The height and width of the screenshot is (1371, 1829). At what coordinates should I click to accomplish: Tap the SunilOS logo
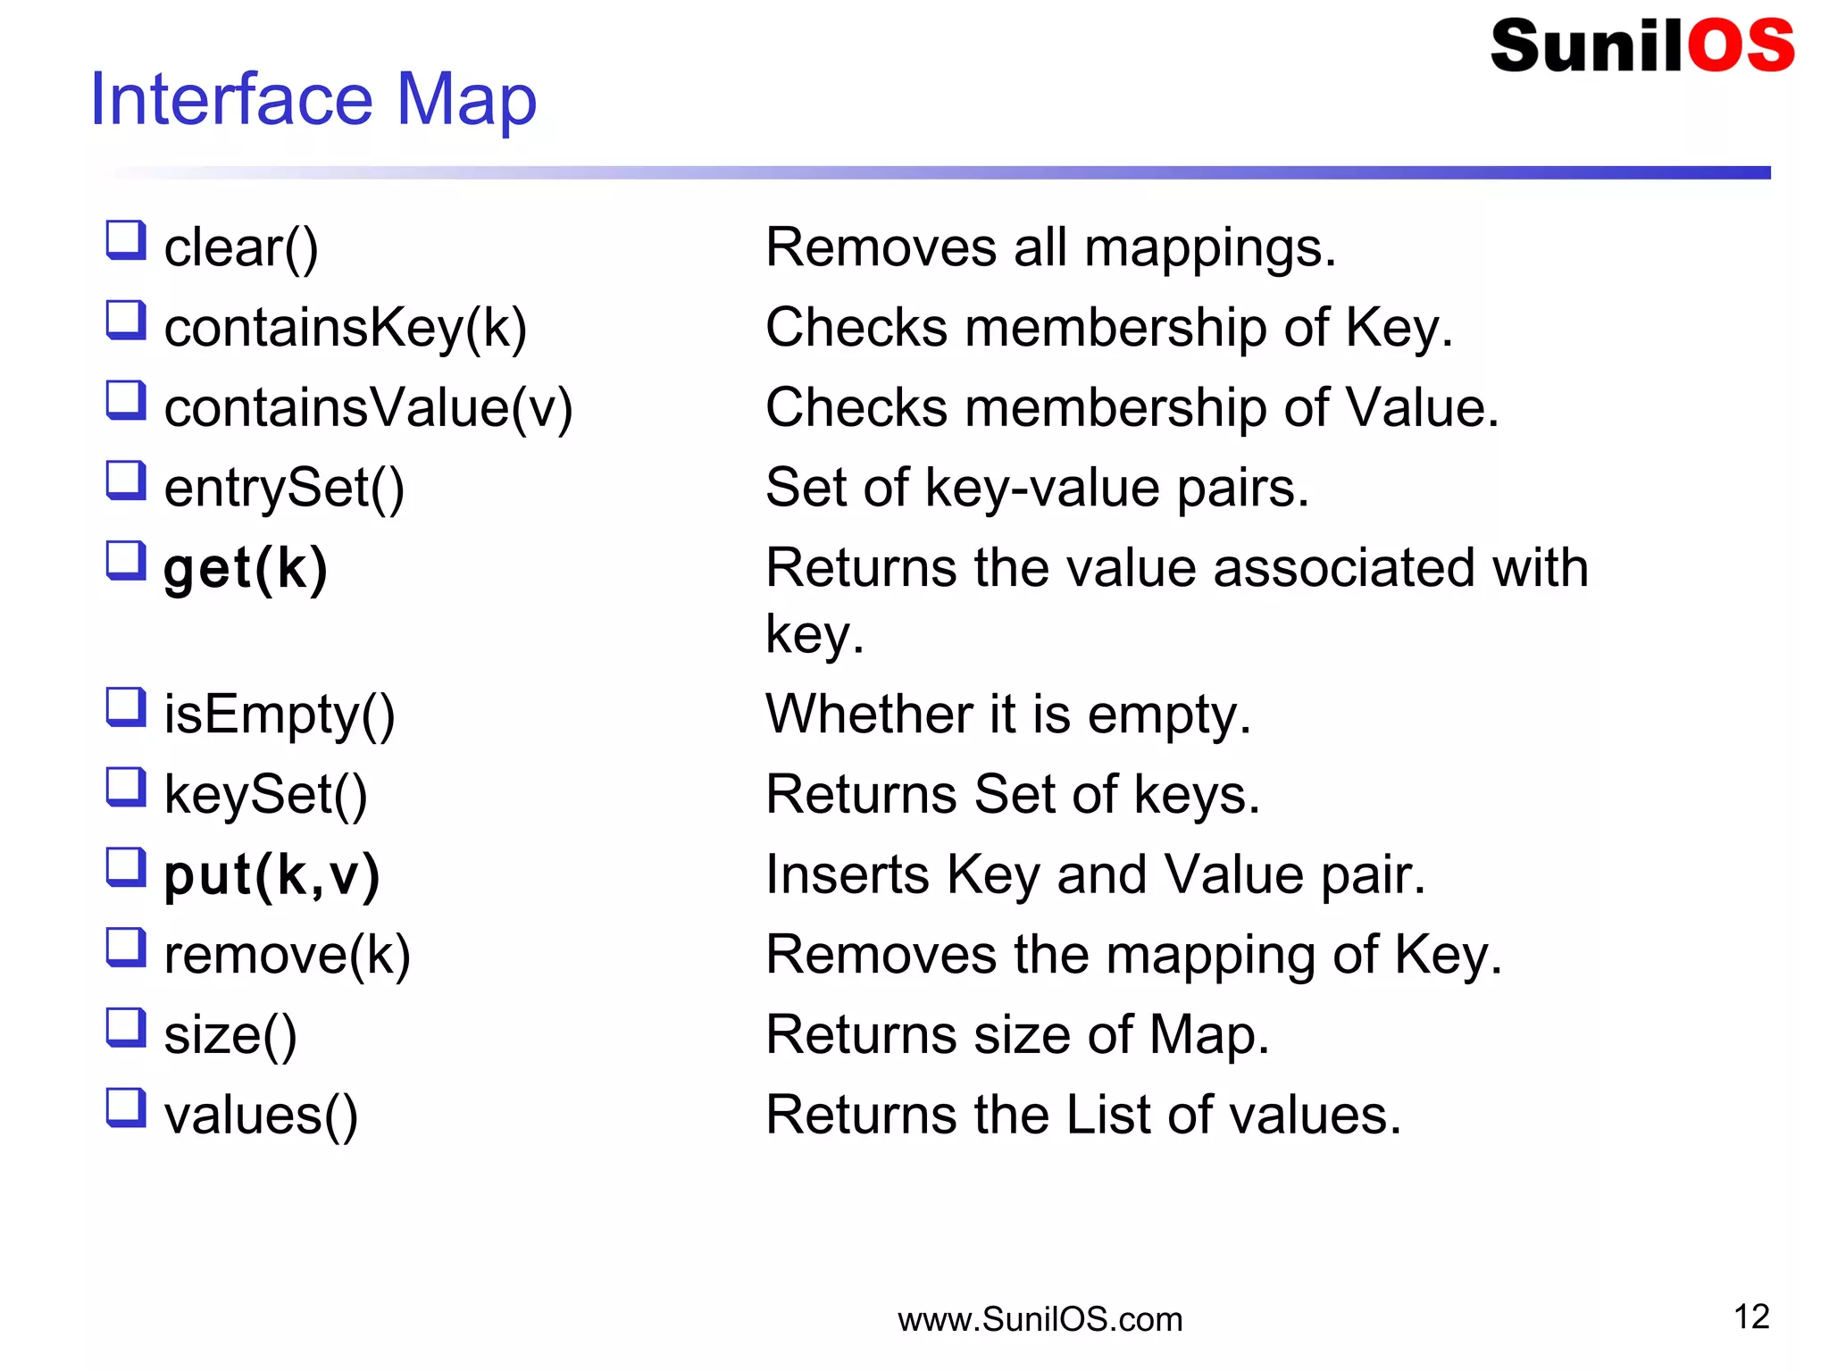click(1641, 46)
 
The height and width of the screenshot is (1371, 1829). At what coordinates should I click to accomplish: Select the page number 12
click(1751, 1317)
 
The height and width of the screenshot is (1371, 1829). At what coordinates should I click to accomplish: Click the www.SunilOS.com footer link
click(1040, 1319)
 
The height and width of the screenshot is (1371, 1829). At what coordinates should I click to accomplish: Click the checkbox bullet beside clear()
click(126, 240)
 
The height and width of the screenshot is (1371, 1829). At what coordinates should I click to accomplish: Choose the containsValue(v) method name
click(368, 408)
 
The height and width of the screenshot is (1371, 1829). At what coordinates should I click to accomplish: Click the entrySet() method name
click(284, 489)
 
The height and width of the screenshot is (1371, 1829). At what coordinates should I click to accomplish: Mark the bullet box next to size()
click(126, 1027)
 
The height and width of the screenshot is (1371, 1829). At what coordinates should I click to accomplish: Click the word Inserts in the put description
click(847, 874)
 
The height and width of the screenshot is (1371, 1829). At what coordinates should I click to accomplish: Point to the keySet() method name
click(265, 795)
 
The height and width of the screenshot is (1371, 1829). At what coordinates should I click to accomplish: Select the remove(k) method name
click(287, 955)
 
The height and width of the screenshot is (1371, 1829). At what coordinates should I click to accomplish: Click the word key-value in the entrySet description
click(1041, 489)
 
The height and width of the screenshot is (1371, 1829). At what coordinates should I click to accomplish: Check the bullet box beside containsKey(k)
click(126, 320)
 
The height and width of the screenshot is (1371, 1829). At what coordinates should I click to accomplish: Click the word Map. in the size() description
click(1209, 1035)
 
